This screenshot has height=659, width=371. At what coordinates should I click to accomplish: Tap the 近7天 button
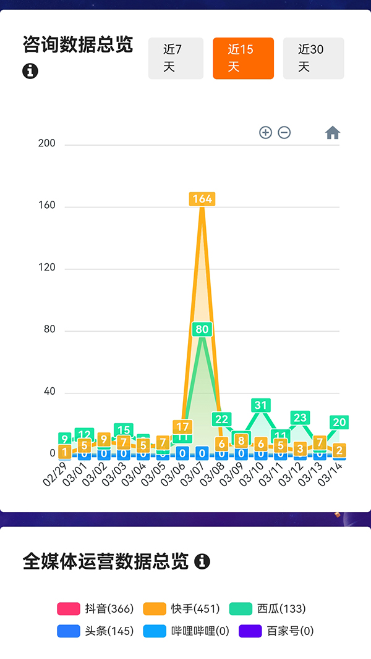tap(176, 58)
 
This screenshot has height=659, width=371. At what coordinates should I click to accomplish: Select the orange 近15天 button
tap(243, 58)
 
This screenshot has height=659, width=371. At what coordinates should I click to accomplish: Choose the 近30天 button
tap(313, 58)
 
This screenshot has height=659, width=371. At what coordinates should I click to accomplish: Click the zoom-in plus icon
tap(265, 132)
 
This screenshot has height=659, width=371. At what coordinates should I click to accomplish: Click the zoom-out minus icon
tap(284, 132)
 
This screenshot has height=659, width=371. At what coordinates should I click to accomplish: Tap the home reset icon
tap(333, 133)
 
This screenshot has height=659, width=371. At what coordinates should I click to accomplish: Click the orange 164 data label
tap(202, 199)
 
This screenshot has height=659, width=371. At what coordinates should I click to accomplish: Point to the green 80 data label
tap(202, 329)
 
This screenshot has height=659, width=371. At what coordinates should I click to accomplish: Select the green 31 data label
tap(262, 405)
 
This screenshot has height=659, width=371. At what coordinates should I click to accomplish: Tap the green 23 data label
tap(300, 418)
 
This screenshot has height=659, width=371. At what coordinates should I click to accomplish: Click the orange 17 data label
tap(182, 427)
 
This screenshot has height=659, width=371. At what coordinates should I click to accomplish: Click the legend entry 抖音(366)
tap(96, 608)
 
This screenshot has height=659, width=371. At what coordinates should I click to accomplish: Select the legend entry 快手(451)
tap(182, 608)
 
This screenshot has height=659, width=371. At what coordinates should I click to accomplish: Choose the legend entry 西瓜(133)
tap(268, 608)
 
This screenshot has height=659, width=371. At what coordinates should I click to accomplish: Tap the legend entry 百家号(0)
tap(276, 631)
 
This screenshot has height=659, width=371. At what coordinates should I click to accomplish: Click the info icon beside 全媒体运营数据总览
tap(202, 561)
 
